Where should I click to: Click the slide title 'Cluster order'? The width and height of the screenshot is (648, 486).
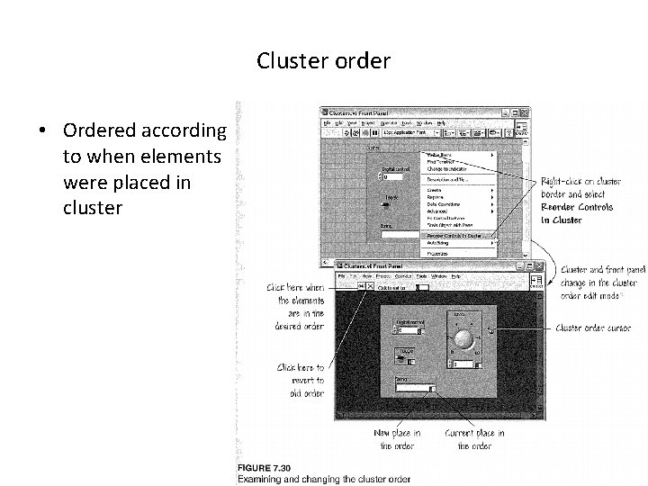pyautogui.click(x=323, y=61)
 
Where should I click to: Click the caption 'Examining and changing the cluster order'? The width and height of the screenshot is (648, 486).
pyautogui.click(x=323, y=478)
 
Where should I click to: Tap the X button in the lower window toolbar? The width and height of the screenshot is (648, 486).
pyautogui.click(x=369, y=286)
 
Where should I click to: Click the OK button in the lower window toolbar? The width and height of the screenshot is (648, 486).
pyautogui.click(x=360, y=286)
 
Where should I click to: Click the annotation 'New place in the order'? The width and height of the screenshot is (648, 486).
pyautogui.click(x=397, y=439)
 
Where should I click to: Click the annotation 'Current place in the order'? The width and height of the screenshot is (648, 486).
pyautogui.click(x=474, y=439)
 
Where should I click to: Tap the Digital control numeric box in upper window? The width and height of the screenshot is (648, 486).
pyautogui.click(x=395, y=175)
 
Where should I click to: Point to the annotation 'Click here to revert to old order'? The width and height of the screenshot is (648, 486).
pyautogui.click(x=301, y=380)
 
